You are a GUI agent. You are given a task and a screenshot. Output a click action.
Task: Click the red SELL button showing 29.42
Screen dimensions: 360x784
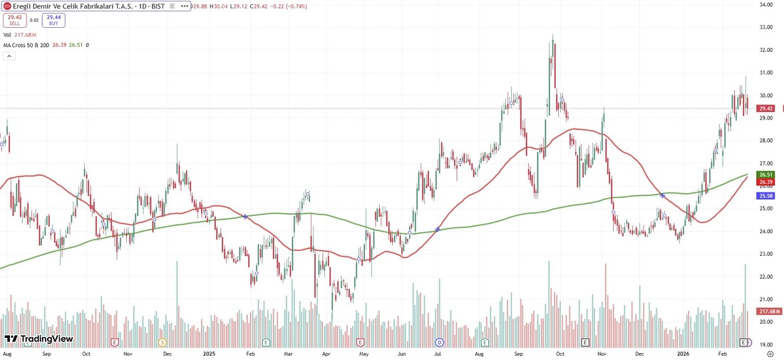coord(15,20)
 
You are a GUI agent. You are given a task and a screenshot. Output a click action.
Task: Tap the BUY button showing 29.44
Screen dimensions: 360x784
coord(53,20)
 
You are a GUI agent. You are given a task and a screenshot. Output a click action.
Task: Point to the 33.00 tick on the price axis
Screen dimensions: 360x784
coord(766,27)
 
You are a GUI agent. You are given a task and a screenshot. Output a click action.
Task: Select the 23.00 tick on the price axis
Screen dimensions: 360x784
coord(766,254)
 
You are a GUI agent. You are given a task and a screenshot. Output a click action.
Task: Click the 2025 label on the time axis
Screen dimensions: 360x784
coord(210,353)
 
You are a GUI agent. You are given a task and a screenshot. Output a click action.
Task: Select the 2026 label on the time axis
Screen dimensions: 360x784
coord(684,353)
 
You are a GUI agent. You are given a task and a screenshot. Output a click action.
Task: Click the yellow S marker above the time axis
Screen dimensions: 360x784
coord(161,343)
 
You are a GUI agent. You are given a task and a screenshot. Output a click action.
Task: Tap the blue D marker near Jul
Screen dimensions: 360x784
coord(440,343)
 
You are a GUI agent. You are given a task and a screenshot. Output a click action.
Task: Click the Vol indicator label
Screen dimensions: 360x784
coord(7,34)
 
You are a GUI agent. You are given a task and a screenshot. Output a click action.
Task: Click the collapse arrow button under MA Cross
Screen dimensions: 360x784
coord(9,56)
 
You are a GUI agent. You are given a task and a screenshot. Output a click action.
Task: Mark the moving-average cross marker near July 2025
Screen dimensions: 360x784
coord(437,229)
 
